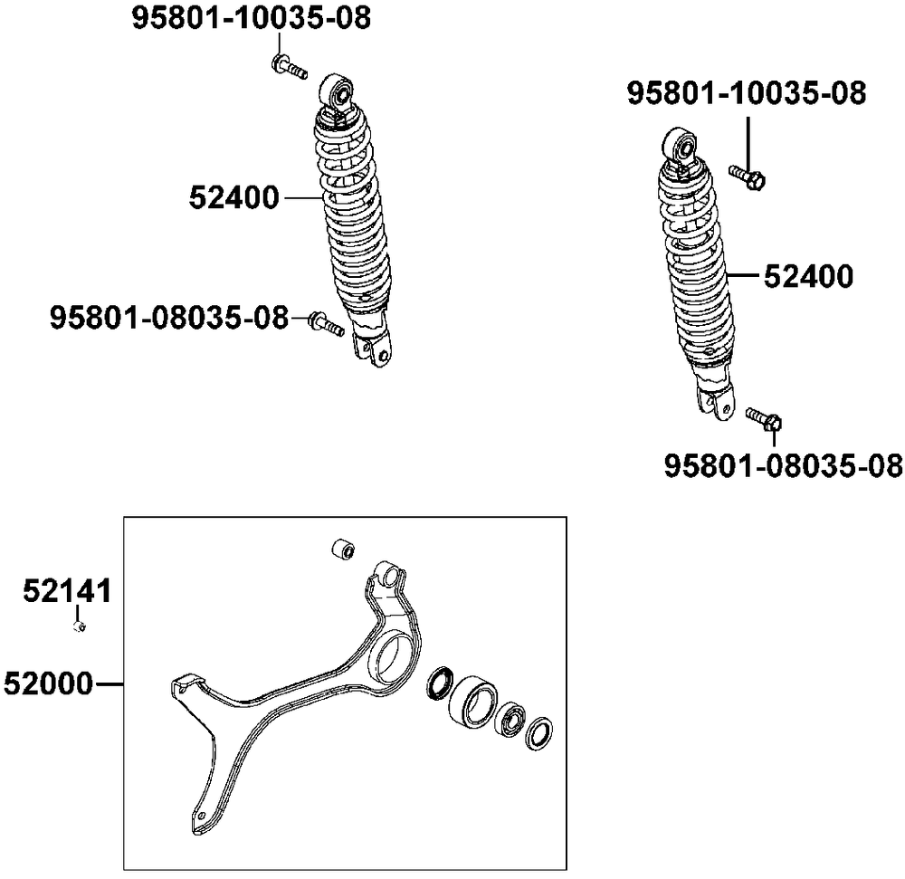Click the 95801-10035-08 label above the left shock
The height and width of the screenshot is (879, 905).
coord(251,18)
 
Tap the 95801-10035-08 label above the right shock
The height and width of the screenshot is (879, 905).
coord(747,93)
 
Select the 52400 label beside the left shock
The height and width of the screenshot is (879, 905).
coord(233,198)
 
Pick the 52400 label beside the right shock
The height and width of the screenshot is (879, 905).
coord(808,276)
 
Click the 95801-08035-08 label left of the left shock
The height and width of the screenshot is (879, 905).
coord(169,318)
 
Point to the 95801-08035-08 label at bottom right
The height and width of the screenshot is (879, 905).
coord(783,466)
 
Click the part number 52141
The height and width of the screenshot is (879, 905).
coord(67,591)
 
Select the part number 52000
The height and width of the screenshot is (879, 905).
coord(49,684)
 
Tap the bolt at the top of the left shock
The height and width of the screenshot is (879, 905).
coord(289,66)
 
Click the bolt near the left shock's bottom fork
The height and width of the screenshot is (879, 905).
coord(327,324)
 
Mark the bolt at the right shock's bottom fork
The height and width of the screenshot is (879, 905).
coord(764,419)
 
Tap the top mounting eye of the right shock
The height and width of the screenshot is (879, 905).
coord(680,147)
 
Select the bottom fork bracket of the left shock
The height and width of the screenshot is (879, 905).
coord(372,349)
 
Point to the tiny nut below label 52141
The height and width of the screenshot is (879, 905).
coord(81,626)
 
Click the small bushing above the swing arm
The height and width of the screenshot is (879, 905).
coord(343,549)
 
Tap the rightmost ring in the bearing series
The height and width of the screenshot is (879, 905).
coord(539,733)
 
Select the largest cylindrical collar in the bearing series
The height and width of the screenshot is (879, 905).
coord(472,702)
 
